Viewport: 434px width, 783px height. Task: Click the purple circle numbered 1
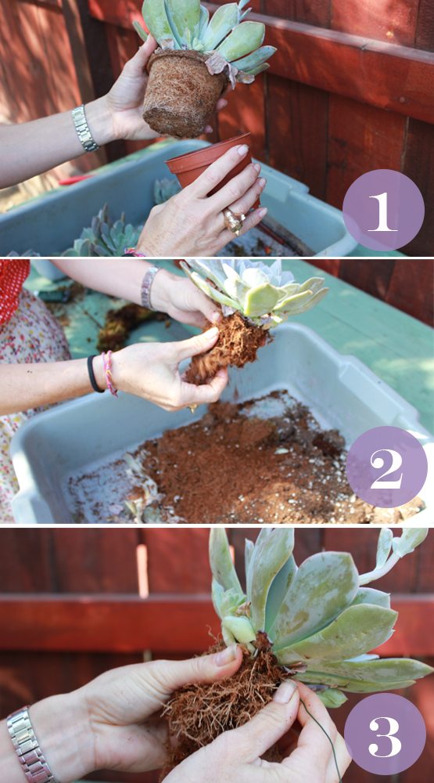tap(383, 211)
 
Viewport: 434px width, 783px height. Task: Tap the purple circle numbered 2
tap(386, 467)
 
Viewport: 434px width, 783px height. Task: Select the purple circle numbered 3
tap(385, 733)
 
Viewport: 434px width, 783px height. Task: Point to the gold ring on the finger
tap(234, 220)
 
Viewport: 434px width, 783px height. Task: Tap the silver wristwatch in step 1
tap(84, 128)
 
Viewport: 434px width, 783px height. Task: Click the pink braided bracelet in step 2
tap(109, 373)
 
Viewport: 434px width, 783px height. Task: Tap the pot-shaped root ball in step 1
tap(181, 93)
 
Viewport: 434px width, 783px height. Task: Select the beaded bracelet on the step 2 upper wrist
tap(149, 287)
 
